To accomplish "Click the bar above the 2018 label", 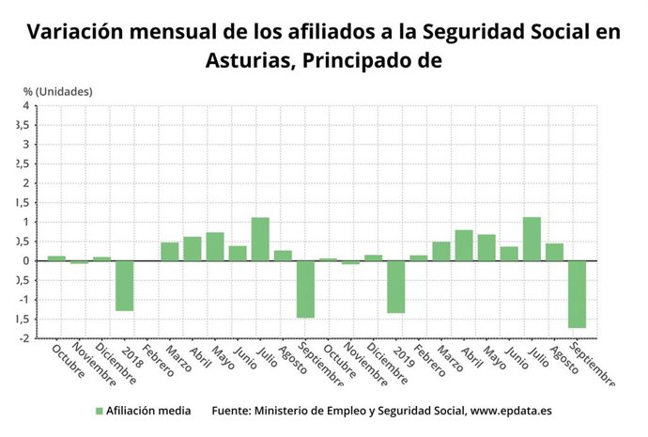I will pos(124,286).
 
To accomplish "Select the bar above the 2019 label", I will pos(395,287).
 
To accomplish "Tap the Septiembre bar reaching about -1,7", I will pos(577,294).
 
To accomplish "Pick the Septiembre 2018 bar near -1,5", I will pos(305,289).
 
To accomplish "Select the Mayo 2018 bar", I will pos(215,246).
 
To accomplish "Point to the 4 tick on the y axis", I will pos(26,106).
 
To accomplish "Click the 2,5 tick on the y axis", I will pos(23,164).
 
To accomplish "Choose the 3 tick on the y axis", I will pos(26,145).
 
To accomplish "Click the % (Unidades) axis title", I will pos(57,91).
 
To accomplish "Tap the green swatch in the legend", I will pos(99,411).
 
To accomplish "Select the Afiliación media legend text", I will pos(148,411).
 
